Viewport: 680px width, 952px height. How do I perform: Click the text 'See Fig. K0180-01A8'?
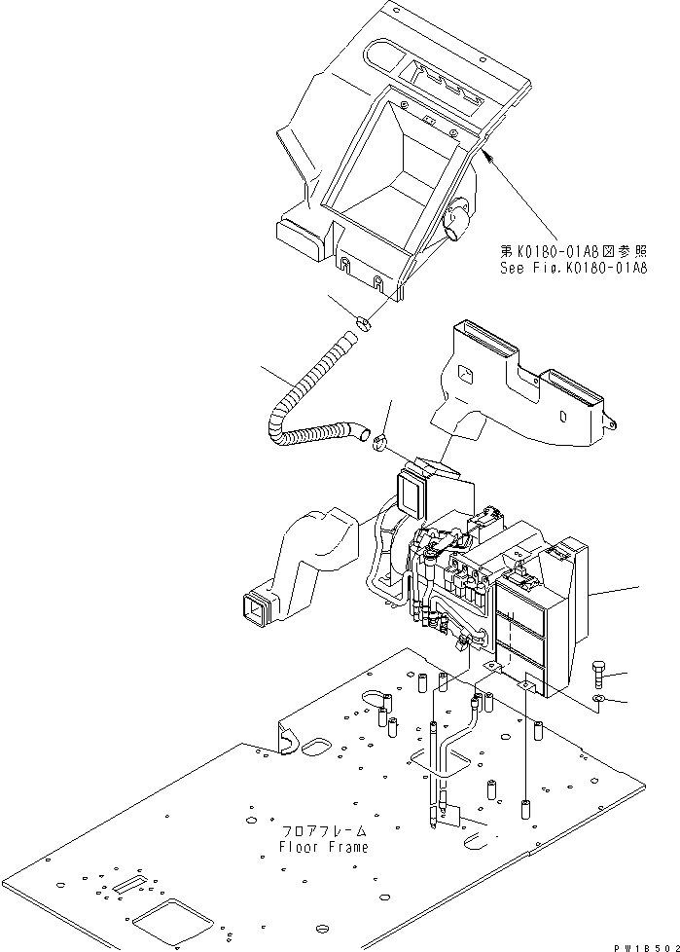[x=573, y=268]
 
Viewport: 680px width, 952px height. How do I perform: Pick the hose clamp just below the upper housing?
[x=363, y=322]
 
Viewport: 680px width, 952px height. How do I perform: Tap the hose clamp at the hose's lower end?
[x=381, y=444]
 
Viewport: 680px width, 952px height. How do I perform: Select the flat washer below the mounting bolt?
[x=600, y=700]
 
